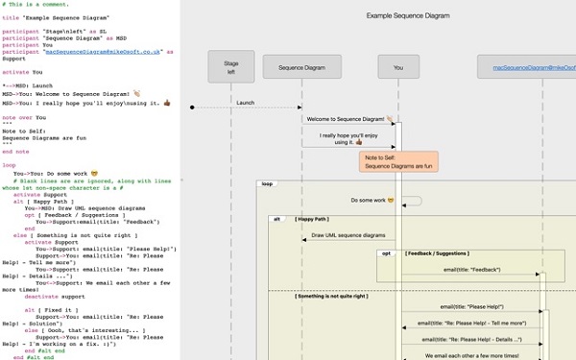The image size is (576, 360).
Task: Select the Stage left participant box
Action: pos(231,66)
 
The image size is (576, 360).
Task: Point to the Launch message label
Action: pos(246,101)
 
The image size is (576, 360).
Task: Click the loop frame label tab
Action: pos(267,184)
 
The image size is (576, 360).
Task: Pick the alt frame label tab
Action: pos(277,219)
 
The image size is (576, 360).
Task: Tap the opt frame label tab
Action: pos(386,253)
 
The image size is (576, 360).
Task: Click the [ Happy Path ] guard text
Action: pos(317,219)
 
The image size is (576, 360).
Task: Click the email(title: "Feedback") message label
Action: pos(470,270)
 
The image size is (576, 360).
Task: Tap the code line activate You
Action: pos(23,71)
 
